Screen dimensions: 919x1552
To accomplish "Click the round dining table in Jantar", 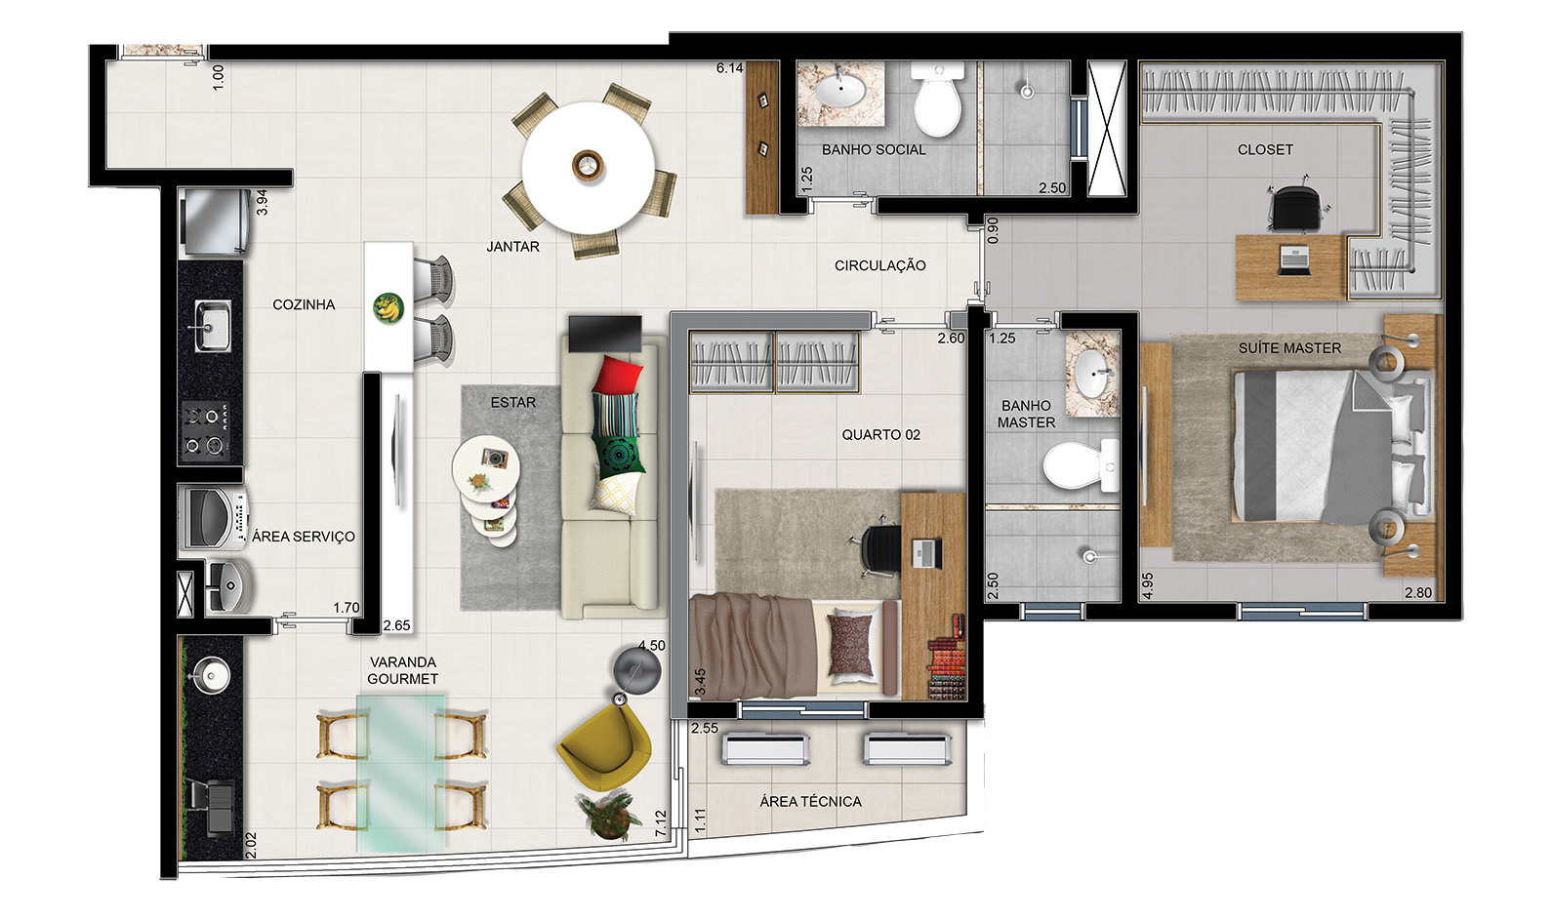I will [588, 167].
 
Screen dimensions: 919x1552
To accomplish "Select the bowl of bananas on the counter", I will [388, 308].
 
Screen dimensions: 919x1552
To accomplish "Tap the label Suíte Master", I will [1289, 348].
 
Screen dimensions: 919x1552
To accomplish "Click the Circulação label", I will [879, 265].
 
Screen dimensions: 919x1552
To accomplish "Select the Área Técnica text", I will [810, 802].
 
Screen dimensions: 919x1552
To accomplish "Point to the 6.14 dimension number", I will [729, 68].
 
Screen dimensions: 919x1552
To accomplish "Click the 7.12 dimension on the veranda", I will [661, 824].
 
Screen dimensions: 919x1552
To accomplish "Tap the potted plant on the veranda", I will [609, 816].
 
